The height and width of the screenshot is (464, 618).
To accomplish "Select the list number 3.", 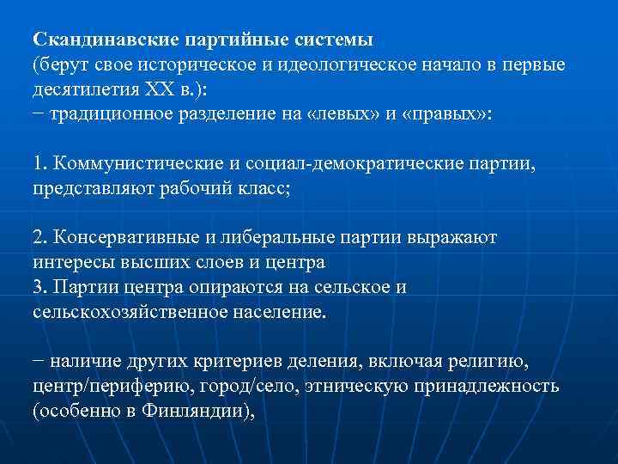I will click(39, 286).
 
